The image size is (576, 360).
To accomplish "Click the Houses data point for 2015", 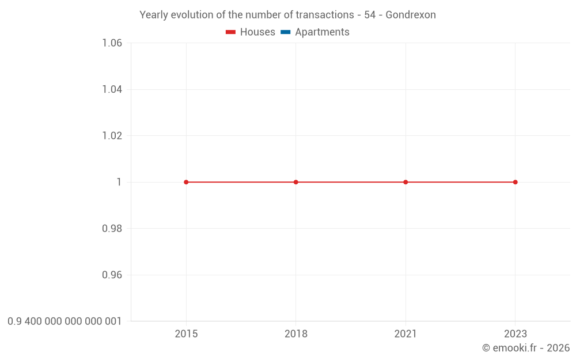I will coord(186,182).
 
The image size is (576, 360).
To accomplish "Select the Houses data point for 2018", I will coord(296,182).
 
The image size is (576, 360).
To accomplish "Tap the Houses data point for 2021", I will coord(406,182).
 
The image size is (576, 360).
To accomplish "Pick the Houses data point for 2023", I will coord(515,182).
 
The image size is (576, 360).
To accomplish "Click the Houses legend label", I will coord(257,32).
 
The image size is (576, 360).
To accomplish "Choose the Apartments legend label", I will coord(322,32).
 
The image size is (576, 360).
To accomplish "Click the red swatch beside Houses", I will coord(231,32).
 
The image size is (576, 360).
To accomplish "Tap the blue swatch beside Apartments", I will coord(286,32).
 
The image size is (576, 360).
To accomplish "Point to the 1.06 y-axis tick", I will coord(112,43).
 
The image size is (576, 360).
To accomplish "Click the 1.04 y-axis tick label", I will coord(112,89).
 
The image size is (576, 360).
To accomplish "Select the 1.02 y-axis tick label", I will coord(112,136).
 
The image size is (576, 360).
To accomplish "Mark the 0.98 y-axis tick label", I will coord(112,229).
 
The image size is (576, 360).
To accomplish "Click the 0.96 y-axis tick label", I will coord(112,275).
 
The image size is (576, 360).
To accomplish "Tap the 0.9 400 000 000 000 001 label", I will coord(65,321).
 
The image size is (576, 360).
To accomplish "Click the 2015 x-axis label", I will coord(186,334).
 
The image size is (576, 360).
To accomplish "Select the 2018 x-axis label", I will coord(296,334).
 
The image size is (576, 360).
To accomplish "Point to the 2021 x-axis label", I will coord(406,334).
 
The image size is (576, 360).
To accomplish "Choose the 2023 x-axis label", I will coord(515,334).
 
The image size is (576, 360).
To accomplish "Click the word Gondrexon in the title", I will coord(411,15).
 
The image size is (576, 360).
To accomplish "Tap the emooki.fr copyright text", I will coord(526,348).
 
